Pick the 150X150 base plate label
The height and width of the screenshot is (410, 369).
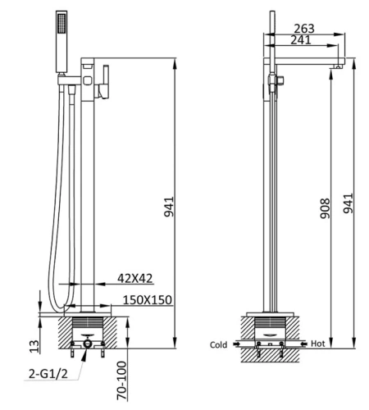coord(148,300)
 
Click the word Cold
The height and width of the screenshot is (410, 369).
coord(218,345)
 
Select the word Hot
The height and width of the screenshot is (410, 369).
coord(318,345)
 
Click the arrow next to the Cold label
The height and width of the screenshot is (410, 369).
coord(236,345)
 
